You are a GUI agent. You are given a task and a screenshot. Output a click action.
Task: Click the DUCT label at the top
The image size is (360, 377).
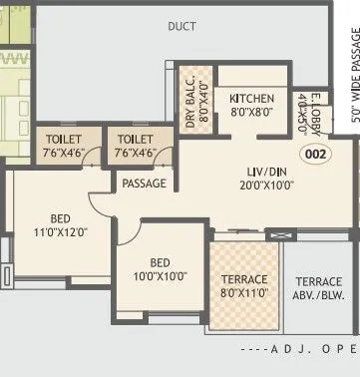[181, 25]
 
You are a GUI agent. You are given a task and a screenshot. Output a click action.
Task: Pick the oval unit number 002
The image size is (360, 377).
[315, 154]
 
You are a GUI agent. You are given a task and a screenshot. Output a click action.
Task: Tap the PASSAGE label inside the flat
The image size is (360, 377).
[143, 185]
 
